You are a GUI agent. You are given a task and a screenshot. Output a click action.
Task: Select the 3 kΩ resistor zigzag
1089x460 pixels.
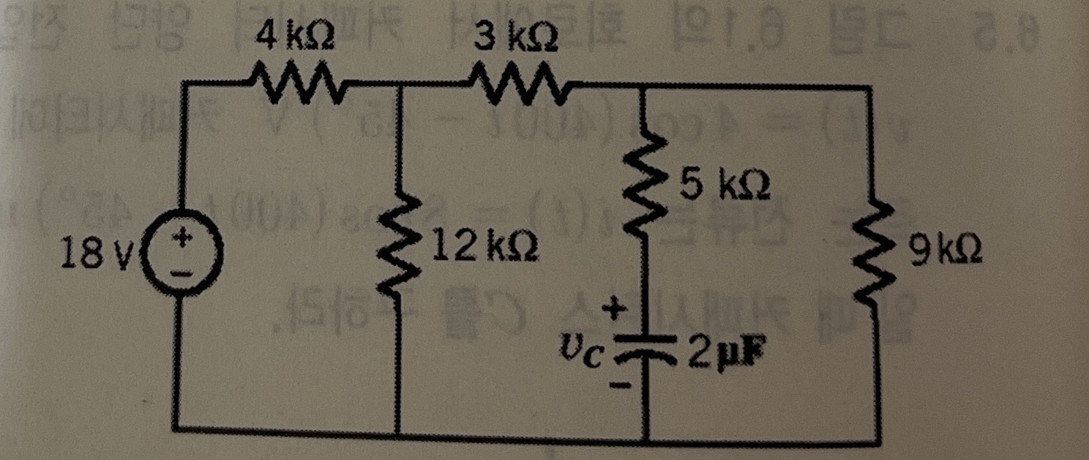(x=516, y=80)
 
